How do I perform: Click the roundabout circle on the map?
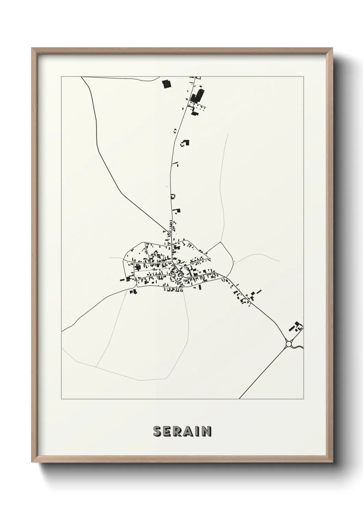tap(289, 343)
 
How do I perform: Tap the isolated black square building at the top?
tap(166, 84)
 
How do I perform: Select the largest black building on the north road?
tap(198, 94)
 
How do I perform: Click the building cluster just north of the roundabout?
tap(296, 327)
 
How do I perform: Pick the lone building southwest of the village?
tap(133, 292)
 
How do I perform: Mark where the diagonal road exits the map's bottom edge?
tap(239, 399)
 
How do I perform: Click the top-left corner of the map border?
tap(61, 77)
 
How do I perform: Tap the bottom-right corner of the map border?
tap(304, 399)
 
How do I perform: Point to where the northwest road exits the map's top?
tap(81, 77)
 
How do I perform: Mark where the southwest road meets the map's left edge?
tap(62, 332)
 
